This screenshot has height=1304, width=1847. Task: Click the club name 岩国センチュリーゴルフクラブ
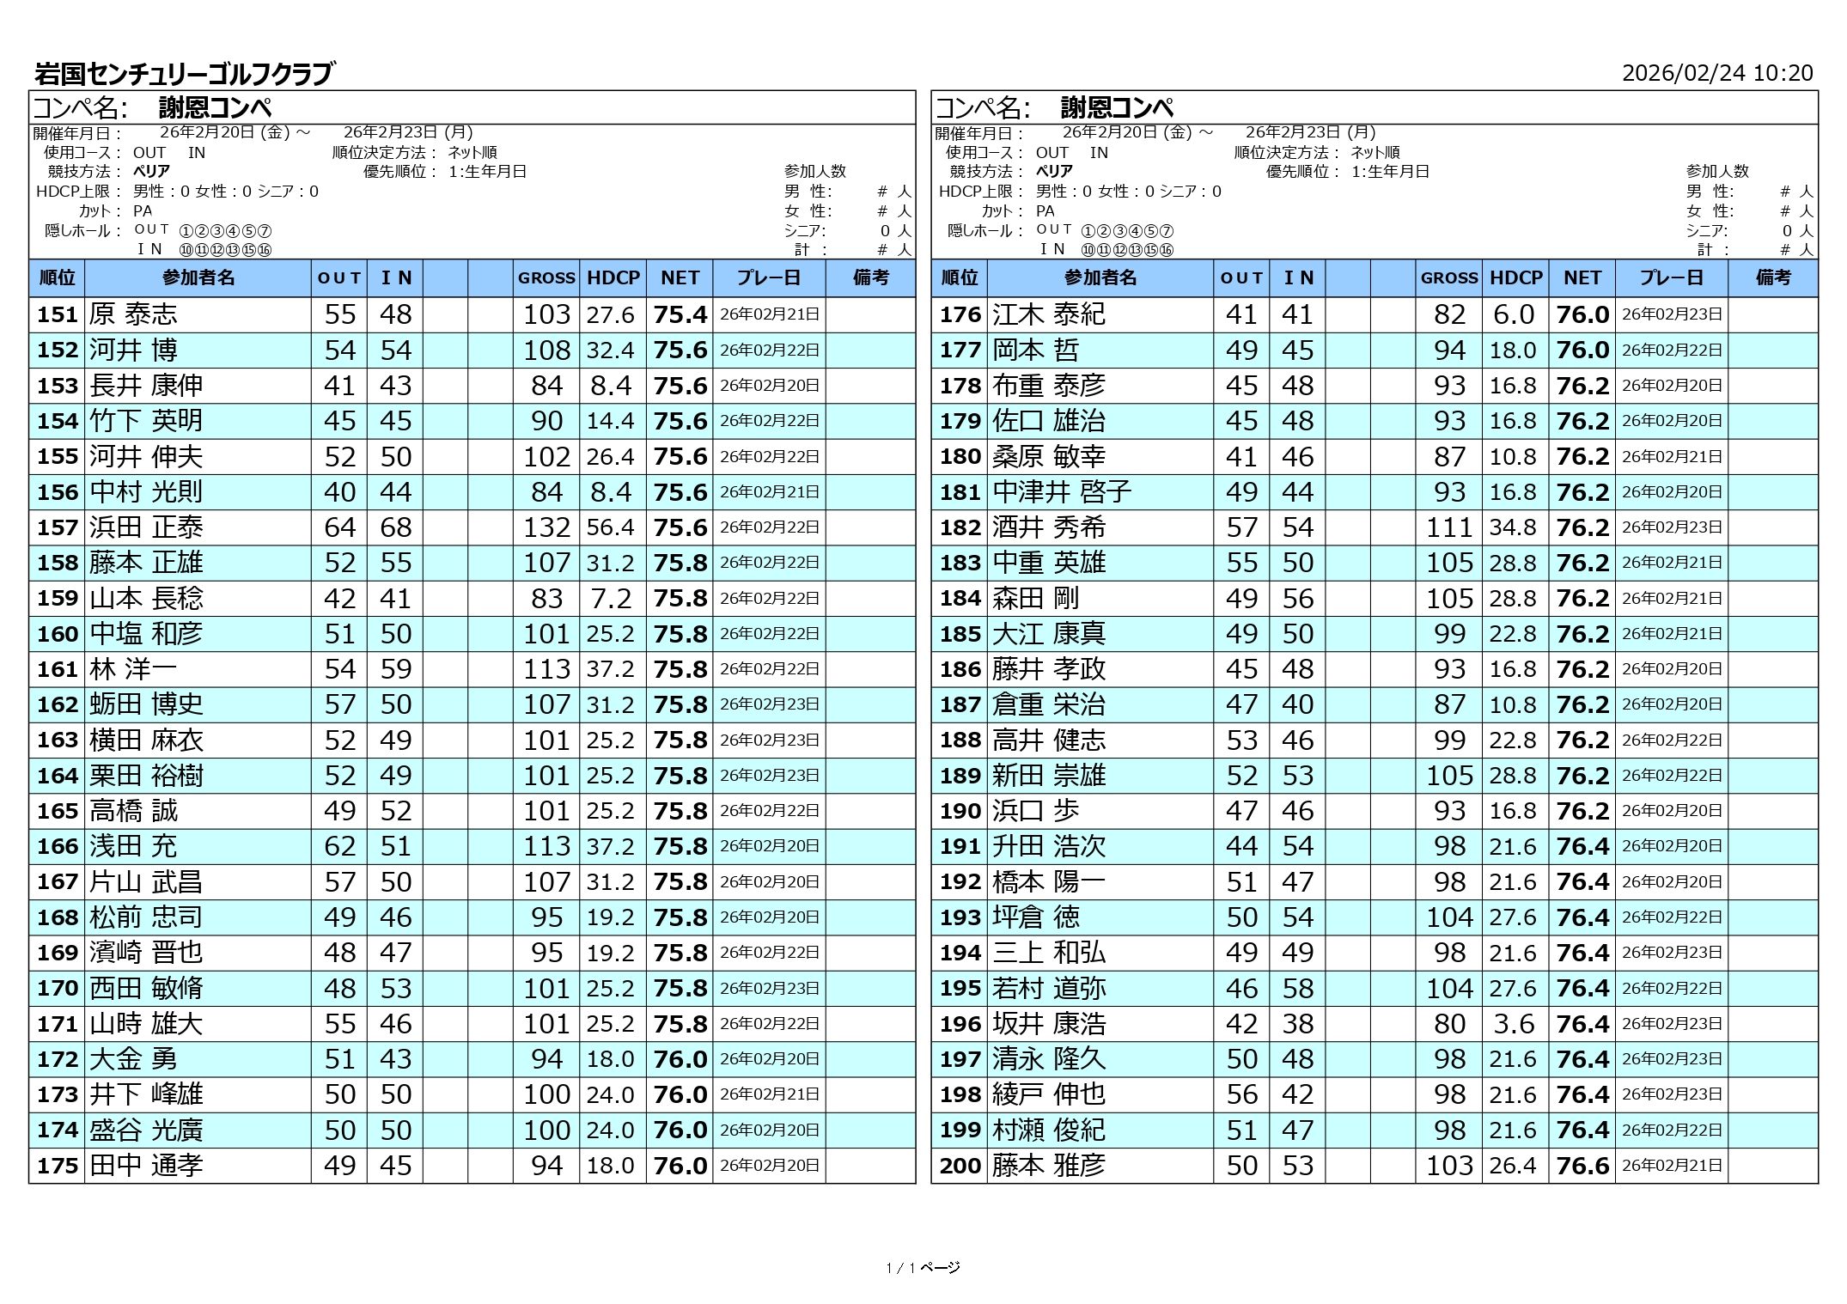tap(183, 74)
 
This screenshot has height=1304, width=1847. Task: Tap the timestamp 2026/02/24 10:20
tap(1716, 73)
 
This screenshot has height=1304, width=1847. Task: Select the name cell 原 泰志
tap(134, 314)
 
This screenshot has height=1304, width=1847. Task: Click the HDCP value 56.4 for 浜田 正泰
tap(611, 527)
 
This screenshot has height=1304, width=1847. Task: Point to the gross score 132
tap(546, 527)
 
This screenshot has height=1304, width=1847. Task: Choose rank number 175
tap(58, 1166)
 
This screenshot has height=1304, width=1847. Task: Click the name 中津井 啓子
tap(1062, 492)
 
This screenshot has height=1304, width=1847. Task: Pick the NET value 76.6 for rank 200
tap(1582, 1166)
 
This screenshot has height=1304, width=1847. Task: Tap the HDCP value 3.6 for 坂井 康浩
tap(1515, 1024)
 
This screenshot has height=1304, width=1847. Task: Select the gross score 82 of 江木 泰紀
tap(1449, 314)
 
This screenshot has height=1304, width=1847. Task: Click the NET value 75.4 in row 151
tap(680, 314)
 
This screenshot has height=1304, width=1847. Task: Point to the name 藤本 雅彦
tap(1049, 1166)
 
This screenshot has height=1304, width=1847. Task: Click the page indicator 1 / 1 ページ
tap(923, 1267)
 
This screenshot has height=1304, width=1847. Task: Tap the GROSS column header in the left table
tap(546, 278)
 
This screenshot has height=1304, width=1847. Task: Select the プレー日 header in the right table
tap(1671, 278)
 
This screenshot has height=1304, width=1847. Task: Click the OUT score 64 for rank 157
tap(339, 527)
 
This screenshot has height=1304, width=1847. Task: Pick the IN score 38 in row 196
tap(1297, 1024)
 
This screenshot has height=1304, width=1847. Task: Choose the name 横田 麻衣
tap(147, 740)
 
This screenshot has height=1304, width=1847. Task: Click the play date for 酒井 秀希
tap(1672, 527)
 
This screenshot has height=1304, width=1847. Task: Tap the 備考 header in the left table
tap(870, 278)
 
